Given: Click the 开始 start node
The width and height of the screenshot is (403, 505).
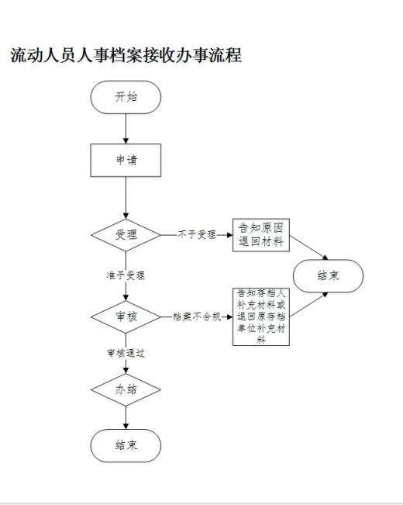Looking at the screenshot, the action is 126,97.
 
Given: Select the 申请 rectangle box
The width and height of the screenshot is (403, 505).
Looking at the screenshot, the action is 126,160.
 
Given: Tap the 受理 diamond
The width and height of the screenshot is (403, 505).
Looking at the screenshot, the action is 126,235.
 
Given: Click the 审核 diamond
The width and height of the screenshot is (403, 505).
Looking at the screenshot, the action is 126,317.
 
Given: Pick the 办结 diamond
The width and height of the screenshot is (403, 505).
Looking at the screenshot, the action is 126,389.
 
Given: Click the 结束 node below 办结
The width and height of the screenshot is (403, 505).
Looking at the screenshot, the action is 126,445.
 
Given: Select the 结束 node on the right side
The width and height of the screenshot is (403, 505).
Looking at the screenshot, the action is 328,276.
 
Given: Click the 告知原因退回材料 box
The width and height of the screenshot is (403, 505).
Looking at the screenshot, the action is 261,235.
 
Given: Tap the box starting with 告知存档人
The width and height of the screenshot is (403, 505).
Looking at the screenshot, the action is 261,317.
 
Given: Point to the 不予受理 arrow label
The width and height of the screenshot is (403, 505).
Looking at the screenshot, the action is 197,235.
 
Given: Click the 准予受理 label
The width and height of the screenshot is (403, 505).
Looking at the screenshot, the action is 126,275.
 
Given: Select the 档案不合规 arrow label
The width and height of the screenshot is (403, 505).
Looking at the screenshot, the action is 197,317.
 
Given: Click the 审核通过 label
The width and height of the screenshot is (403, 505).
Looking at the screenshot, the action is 126,353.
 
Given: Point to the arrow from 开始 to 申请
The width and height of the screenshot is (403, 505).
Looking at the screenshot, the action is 126,129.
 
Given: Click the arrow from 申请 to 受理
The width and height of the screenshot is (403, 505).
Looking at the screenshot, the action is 126,198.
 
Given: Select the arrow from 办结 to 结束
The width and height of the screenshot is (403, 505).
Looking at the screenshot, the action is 126,417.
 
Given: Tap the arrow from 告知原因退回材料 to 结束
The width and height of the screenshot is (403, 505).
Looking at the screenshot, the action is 308,247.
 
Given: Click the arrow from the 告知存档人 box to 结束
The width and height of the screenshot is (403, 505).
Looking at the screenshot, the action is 308,305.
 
